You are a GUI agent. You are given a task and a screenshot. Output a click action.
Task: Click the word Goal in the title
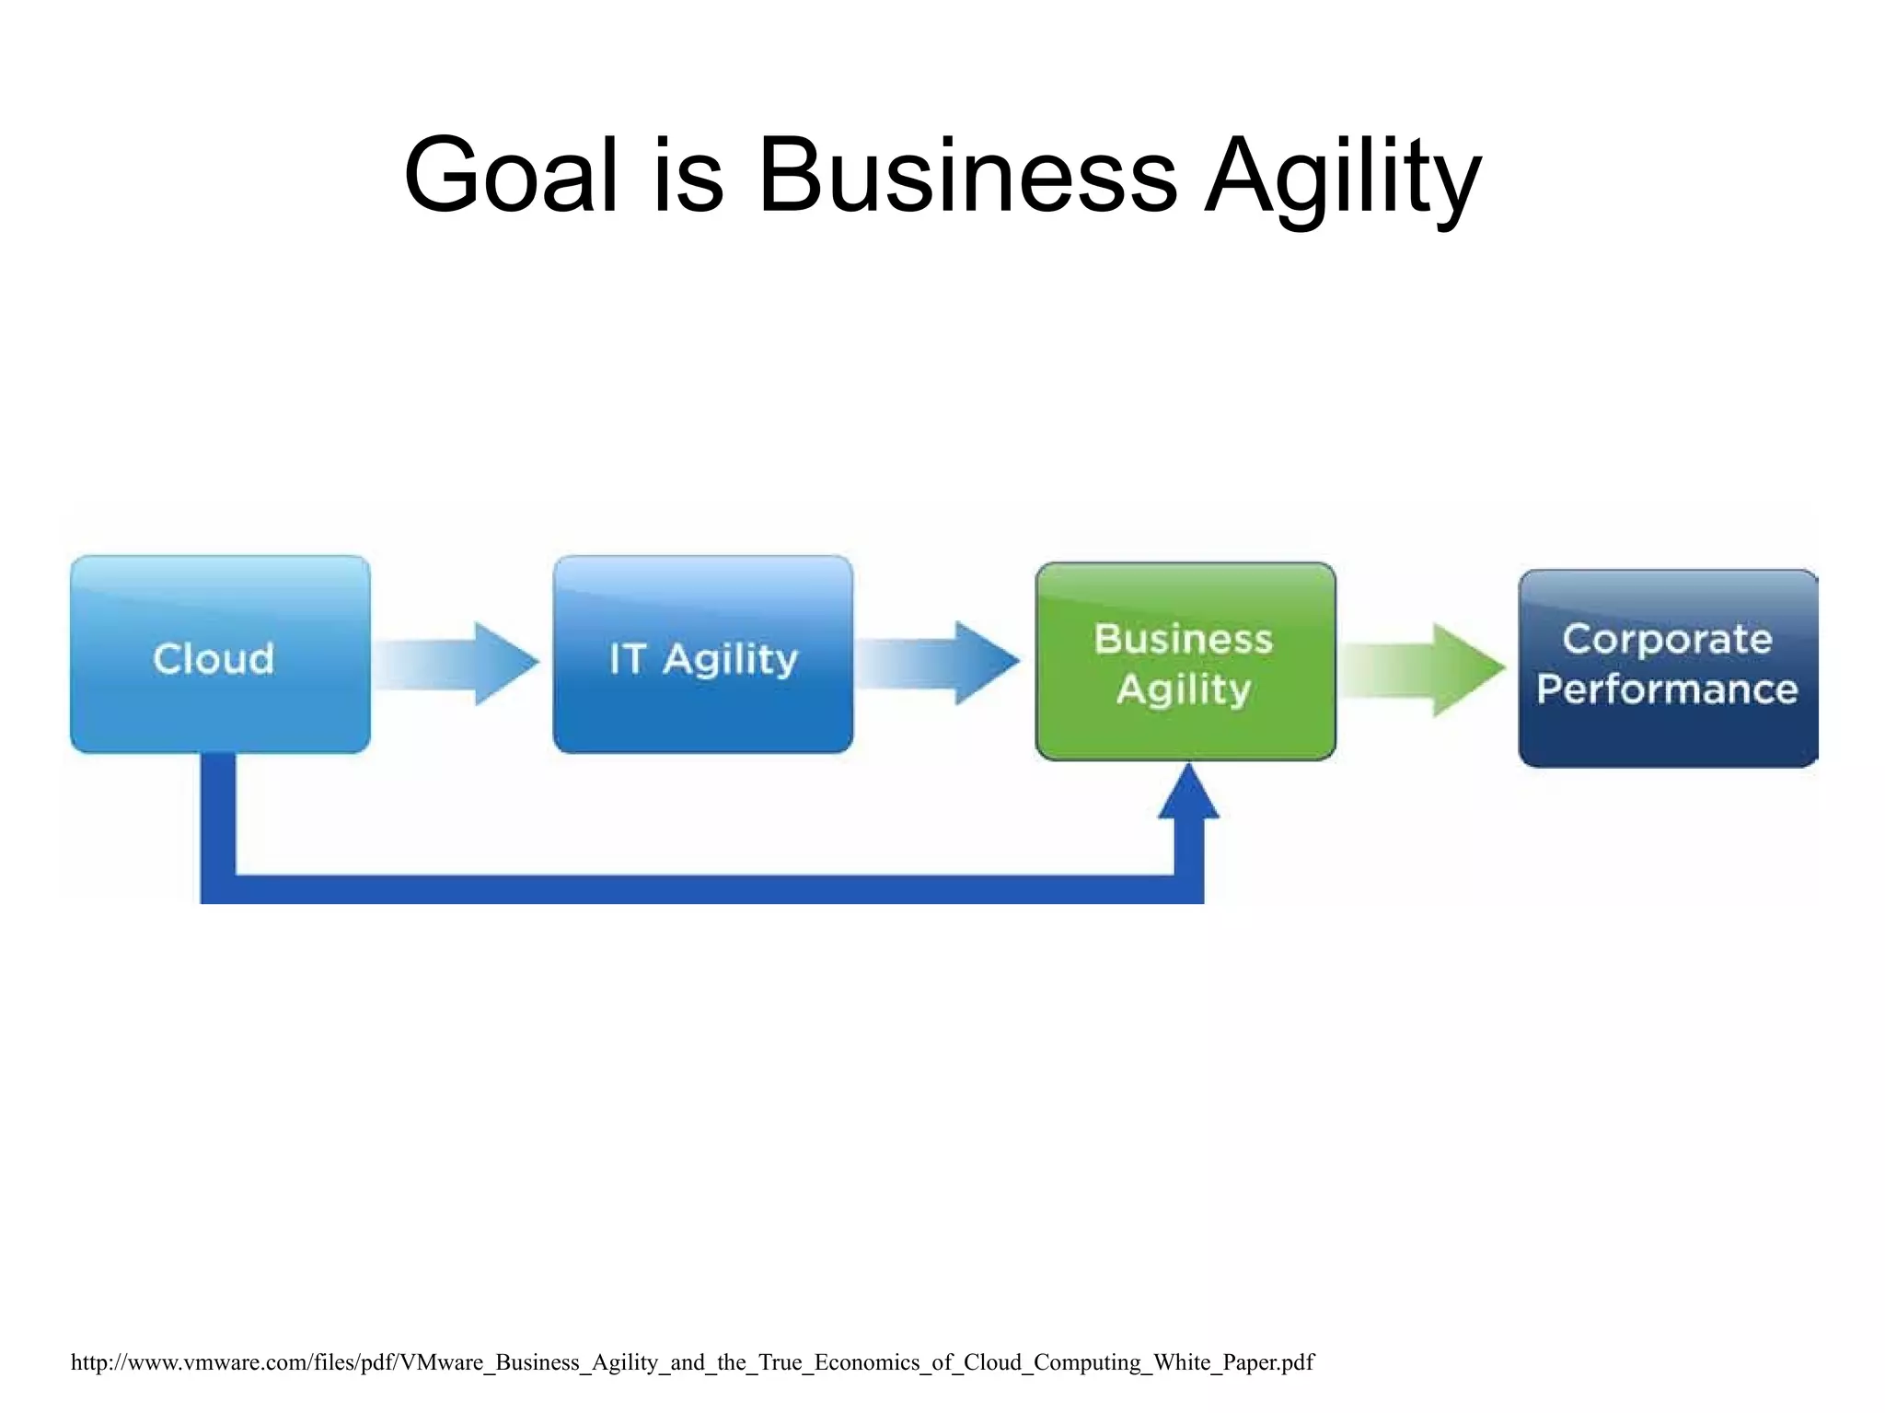coord(511,175)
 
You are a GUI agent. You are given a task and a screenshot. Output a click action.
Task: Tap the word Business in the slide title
coord(966,175)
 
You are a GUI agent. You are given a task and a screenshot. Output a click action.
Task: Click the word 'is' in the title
coord(688,175)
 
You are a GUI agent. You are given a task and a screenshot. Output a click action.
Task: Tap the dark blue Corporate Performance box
coord(1667,727)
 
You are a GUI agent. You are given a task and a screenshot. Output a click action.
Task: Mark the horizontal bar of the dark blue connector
coord(700,888)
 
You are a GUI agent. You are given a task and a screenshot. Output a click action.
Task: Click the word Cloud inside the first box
coord(214,659)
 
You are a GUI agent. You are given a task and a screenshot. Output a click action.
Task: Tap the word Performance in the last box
coord(1667,689)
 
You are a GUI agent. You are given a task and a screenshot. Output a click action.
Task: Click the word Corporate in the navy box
coord(1667,639)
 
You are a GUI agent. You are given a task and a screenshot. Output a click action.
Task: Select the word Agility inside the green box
coord(1184,689)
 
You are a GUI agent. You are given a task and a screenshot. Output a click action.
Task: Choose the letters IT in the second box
coord(627,659)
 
